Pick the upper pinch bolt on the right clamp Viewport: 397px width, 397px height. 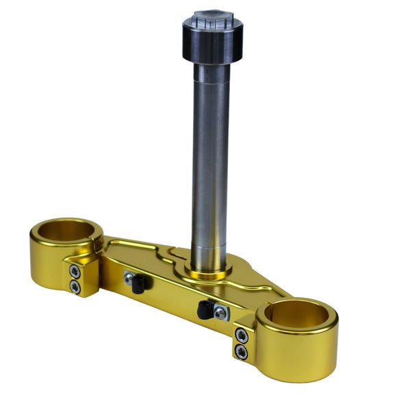(240, 335)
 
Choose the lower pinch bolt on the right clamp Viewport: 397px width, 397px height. (240, 350)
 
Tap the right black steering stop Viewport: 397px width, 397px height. (204, 309)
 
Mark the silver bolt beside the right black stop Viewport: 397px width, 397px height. (218, 312)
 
